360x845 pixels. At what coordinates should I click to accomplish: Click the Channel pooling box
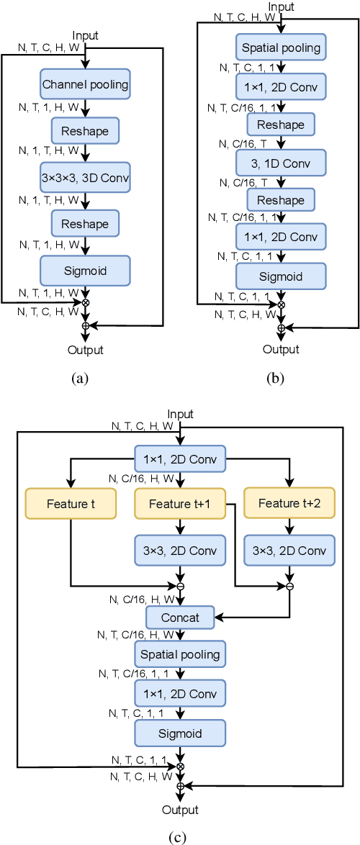(85, 84)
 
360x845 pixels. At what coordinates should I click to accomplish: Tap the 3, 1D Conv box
(280, 163)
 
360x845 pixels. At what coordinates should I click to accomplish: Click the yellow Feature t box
(71, 504)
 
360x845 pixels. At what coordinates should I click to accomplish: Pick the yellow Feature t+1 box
(180, 504)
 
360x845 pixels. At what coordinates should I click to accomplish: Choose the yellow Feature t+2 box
(289, 504)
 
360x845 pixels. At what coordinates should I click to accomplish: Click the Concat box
(180, 618)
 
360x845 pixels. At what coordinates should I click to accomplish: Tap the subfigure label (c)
(180, 836)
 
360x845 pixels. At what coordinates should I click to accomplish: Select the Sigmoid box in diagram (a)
(85, 270)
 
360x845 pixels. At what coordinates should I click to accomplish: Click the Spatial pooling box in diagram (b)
(280, 49)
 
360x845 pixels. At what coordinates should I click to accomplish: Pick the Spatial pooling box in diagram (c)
(180, 655)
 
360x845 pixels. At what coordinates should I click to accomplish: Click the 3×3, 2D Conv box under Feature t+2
(289, 551)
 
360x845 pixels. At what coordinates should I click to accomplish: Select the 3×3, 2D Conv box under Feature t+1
(180, 551)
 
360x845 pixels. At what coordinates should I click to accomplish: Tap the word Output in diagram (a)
(86, 351)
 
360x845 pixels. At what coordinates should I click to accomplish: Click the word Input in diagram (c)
(180, 414)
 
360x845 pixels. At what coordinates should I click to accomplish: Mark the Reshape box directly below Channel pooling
(85, 131)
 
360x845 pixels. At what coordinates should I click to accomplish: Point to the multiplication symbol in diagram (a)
(86, 302)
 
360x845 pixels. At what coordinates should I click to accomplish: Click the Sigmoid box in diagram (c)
(180, 734)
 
